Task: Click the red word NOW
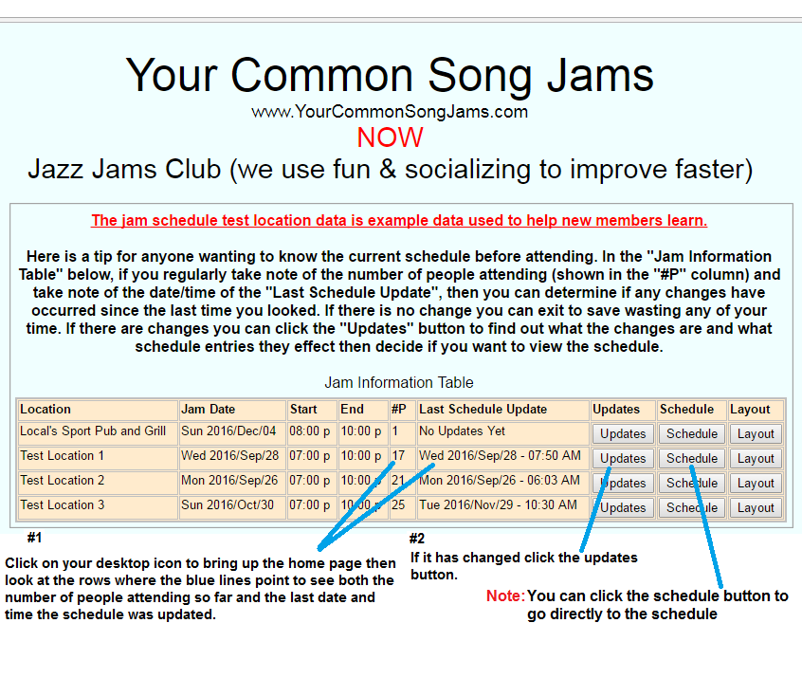(390, 137)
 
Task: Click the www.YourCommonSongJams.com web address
(390, 112)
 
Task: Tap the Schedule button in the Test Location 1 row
(691, 459)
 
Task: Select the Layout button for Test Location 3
(756, 507)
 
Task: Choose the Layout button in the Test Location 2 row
(756, 483)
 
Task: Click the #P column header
(399, 410)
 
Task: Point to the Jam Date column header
(208, 410)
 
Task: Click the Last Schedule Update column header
(483, 410)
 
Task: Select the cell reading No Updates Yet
(462, 431)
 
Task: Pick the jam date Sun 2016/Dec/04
(228, 431)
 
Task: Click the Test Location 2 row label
(63, 481)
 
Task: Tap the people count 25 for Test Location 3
(398, 505)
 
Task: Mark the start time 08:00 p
(309, 431)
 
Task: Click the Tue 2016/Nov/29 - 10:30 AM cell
(498, 505)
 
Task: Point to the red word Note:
(505, 596)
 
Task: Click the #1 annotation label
(34, 538)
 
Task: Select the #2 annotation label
(417, 539)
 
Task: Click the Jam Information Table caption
(399, 383)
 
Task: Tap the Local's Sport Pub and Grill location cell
(93, 431)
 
